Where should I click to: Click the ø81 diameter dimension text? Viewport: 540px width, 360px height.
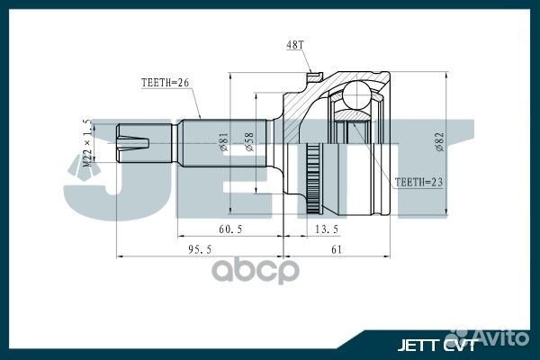tap(223, 141)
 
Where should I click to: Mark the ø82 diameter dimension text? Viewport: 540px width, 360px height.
tap(439, 142)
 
